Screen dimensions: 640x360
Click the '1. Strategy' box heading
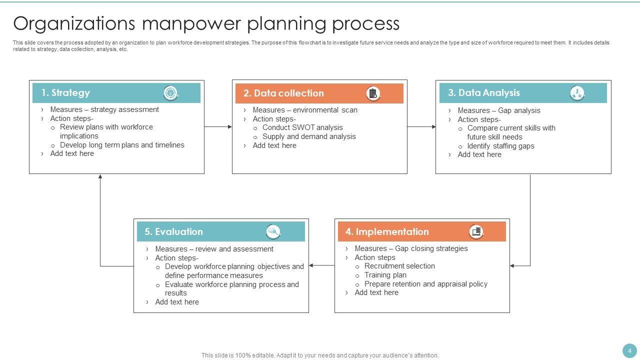[65, 93]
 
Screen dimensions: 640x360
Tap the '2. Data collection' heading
[283, 93]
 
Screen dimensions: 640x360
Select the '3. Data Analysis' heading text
[483, 93]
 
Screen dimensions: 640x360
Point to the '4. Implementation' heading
[387, 232]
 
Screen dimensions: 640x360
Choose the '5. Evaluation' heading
[173, 232]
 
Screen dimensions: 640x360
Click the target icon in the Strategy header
[170, 93]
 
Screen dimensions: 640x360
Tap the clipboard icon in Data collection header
[373, 93]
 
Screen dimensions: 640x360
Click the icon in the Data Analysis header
[577, 93]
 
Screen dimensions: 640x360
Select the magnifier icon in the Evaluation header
[273, 232]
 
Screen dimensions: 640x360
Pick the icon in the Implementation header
[476, 232]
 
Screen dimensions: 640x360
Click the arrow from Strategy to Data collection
[218, 127]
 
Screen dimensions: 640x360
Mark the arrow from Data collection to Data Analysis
[421, 127]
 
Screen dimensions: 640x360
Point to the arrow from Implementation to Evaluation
[321, 265]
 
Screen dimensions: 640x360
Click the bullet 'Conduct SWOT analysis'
[302, 127]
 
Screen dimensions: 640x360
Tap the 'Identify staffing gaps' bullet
[500, 146]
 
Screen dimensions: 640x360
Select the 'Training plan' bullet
[385, 275]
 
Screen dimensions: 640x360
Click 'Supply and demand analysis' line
[309, 136]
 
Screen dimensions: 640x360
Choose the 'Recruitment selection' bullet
[399, 266]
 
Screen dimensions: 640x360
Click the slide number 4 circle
[629, 350]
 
